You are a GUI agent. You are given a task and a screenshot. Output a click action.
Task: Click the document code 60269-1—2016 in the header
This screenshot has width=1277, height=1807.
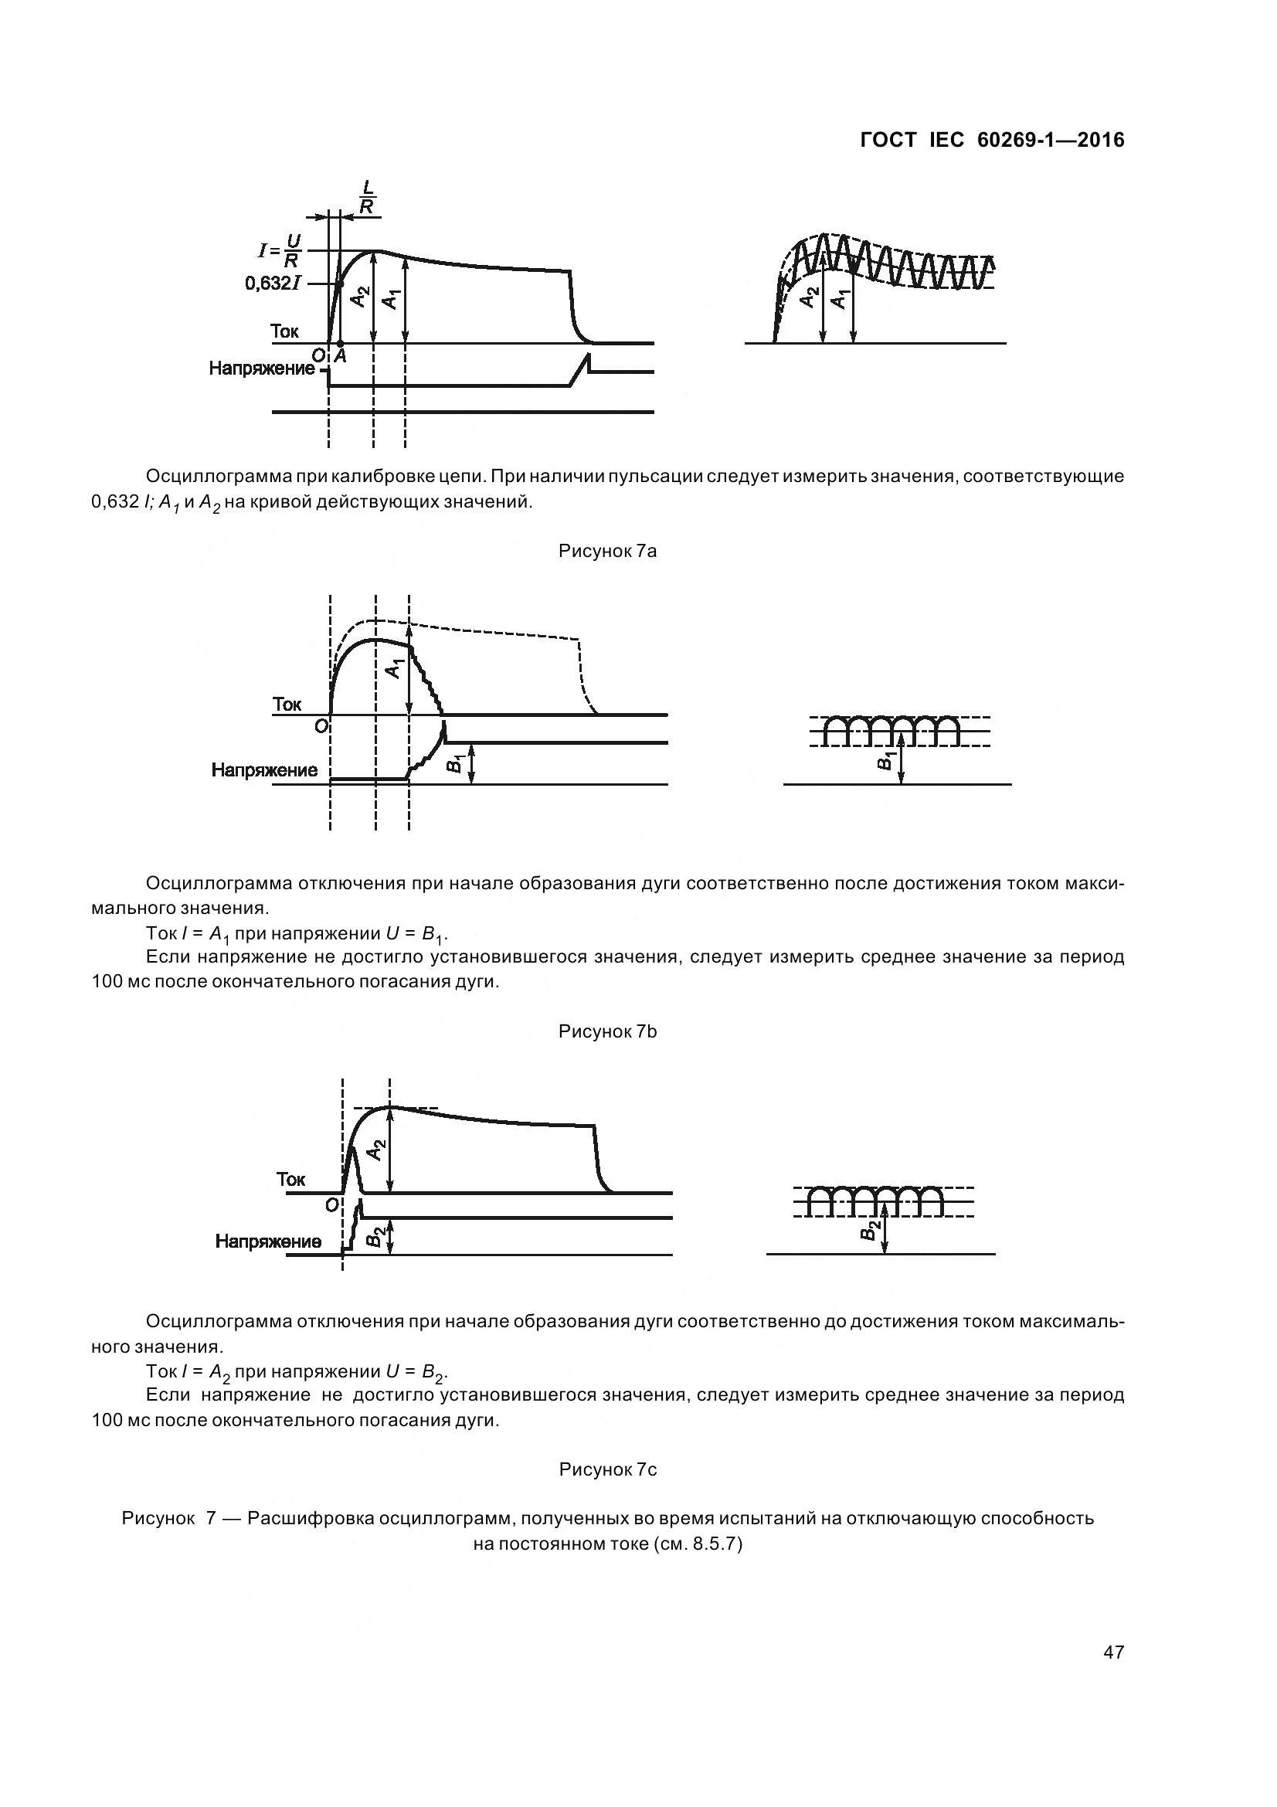coord(1051,140)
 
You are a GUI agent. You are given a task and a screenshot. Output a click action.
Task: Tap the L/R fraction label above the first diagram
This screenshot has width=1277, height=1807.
coord(367,197)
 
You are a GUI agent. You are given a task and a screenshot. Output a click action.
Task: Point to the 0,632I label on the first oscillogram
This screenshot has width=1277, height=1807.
coord(272,284)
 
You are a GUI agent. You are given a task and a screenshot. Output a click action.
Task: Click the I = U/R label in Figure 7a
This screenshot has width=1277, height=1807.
coord(280,251)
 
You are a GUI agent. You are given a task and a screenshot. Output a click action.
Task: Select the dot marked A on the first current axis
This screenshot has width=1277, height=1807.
coord(340,344)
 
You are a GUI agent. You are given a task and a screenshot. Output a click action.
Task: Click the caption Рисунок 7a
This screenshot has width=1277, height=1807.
coord(607,551)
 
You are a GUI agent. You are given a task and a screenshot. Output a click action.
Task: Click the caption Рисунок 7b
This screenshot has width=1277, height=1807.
coord(607,1031)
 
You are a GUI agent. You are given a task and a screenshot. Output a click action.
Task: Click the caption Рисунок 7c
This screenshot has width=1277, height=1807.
coord(607,1469)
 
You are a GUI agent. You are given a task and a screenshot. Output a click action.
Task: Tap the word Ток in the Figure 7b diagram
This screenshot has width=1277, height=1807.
coord(287,704)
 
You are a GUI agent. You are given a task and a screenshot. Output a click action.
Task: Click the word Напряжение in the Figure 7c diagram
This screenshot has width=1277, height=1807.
coord(268,1241)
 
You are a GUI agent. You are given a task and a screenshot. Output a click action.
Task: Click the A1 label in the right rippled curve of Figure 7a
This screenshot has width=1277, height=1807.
coord(841,299)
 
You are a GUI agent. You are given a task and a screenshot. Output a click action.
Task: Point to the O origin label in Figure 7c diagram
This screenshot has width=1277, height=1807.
coord(331,1204)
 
